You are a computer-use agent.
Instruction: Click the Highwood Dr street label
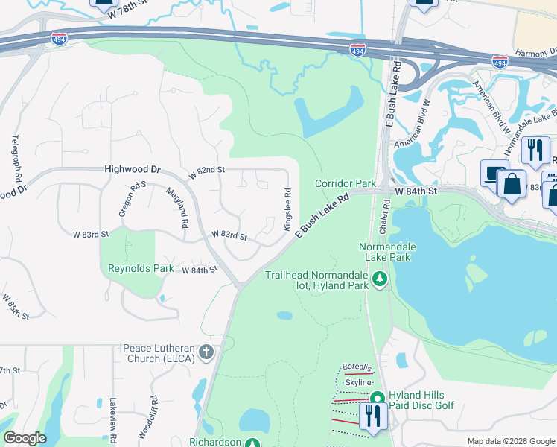(133, 170)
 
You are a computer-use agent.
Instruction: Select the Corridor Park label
(346, 183)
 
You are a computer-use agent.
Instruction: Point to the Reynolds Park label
(141, 269)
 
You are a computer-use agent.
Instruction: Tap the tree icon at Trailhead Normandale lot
(381, 279)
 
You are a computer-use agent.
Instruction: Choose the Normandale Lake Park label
(386, 252)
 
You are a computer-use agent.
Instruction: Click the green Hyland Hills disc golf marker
(377, 399)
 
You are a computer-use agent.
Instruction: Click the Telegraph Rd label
(15, 159)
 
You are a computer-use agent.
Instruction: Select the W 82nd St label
(206, 171)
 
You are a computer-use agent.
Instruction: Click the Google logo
(25, 438)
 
